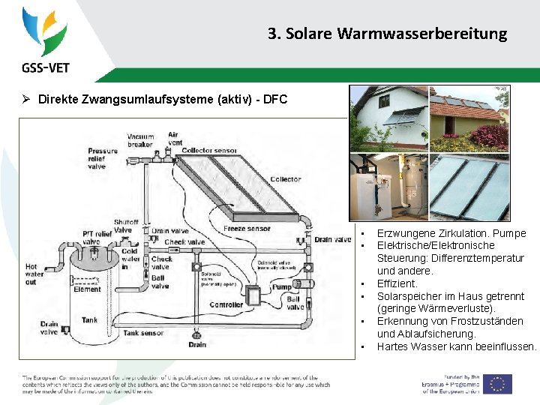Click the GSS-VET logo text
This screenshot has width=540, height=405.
[x=46, y=67]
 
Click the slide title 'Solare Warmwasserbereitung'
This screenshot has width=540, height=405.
[x=387, y=34]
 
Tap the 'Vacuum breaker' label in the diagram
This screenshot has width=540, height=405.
[x=140, y=140]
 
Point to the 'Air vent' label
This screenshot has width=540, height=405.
[x=174, y=139]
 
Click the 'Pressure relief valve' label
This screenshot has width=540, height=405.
[x=103, y=159]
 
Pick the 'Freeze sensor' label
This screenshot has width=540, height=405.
[x=247, y=228]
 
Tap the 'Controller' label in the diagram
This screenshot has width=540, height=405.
[x=226, y=305]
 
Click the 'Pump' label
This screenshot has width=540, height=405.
[x=282, y=286]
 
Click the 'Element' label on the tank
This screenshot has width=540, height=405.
[x=88, y=289]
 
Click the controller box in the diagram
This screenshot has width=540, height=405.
[x=255, y=294]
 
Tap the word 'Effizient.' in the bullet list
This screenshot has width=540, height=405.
[x=397, y=283]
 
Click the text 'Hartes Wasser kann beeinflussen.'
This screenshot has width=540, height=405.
[x=457, y=346]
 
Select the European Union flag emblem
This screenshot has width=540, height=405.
[x=497, y=384]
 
